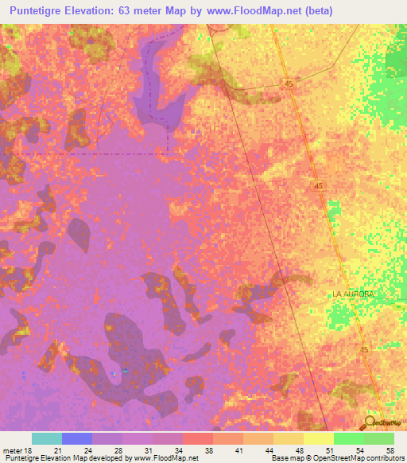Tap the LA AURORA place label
pos(352,294)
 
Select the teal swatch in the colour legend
pos(47,438)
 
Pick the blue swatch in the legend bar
pos(77,438)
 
